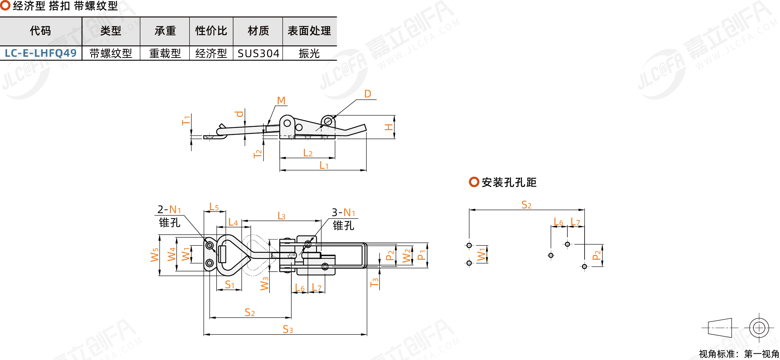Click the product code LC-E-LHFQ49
[41, 53]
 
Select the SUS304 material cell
[258, 53]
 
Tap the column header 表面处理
[309, 31]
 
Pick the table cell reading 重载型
[165, 53]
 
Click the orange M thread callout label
[281, 100]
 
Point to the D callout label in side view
[368, 94]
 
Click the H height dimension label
[389, 127]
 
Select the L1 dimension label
[324, 166]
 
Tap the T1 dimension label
[186, 120]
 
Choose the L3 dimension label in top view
[281, 216]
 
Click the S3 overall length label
[288, 330]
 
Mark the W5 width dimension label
[155, 255]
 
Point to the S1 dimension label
[229, 285]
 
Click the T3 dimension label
[374, 282]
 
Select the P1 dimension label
[422, 255]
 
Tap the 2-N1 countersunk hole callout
[169, 209]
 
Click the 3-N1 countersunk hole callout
[343, 212]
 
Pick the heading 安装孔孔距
[509, 182]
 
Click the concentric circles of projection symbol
[759, 327]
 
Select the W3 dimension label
[264, 283]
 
